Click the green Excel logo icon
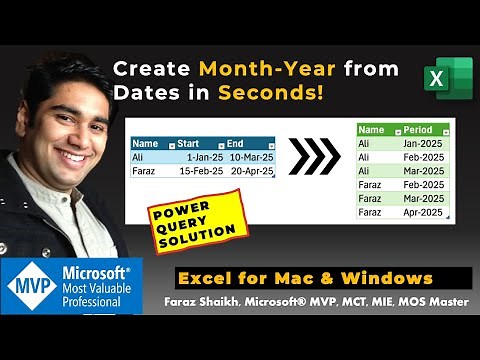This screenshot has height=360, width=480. [x=447, y=77]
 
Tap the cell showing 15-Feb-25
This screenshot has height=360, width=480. [x=201, y=171]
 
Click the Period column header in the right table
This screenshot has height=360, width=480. [x=421, y=130]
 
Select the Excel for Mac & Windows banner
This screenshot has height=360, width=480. [x=305, y=277]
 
